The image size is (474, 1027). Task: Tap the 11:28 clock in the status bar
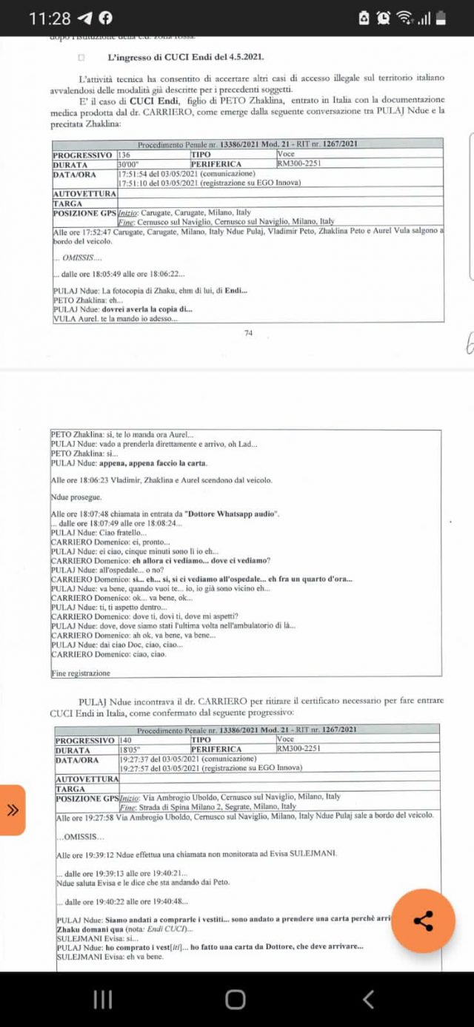click(x=50, y=18)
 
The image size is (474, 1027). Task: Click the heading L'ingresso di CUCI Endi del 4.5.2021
click(x=185, y=57)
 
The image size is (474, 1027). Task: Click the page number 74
click(x=248, y=333)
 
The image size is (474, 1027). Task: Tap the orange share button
click(x=423, y=920)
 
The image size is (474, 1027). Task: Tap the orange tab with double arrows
click(x=13, y=809)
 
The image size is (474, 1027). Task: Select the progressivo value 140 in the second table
click(x=126, y=739)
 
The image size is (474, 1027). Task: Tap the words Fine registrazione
click(x=80, y=673)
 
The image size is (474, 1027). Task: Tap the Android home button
click(x=236, y=999)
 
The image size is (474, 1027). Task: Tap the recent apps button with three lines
click(x=103, y=999)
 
